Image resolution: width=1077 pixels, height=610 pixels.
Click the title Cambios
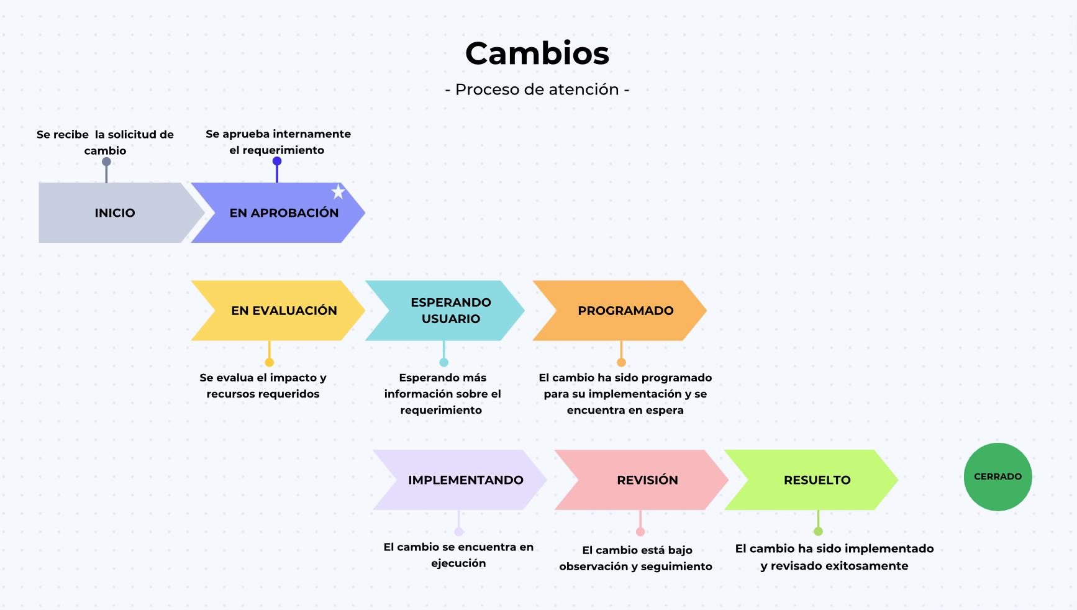point(537,53)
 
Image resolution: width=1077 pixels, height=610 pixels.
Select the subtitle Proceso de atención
point(537,89)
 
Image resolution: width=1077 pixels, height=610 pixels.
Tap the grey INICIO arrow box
point(115,212)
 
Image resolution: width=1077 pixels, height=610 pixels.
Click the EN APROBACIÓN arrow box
point(278,212)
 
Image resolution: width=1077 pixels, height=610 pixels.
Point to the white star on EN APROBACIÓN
point(338,191)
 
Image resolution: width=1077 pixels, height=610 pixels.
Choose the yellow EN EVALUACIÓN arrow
point(278,311)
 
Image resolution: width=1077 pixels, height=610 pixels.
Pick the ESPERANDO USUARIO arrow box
point(445,311)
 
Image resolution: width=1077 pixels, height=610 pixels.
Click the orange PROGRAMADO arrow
point(620,311)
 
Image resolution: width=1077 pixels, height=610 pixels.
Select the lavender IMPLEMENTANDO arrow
point(460,480)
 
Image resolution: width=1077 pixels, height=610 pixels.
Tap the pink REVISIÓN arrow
point(642,480)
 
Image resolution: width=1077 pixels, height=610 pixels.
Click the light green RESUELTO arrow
point(811,480)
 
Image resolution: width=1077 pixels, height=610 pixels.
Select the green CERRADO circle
point(997,477)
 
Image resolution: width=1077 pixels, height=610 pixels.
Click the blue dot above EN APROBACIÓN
point(277,161)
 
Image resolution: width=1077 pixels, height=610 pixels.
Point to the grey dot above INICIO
point(106,162)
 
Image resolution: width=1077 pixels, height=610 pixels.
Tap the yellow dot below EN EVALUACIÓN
point(269,362)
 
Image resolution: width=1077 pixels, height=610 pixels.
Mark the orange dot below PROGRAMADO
point(621,362)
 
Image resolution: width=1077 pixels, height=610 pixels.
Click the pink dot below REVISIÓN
point(640,532)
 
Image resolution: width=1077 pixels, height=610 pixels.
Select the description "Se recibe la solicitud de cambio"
point(105,142)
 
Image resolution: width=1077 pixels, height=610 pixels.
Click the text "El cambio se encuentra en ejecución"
point(458,555)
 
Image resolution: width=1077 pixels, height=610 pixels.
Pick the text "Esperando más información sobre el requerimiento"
point(442,394)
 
